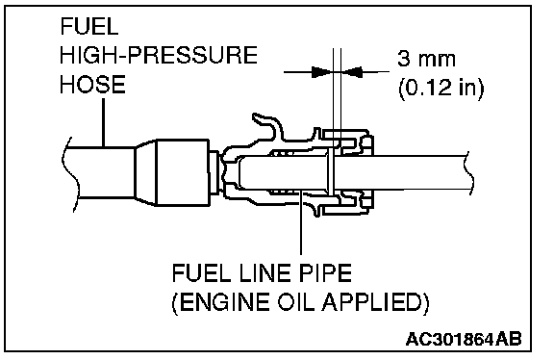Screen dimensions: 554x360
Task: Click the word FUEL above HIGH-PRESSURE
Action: click(89, 27)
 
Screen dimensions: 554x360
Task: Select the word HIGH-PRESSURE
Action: click(159, 55)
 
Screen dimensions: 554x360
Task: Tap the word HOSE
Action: click(92, 84)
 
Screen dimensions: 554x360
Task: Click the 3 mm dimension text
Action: click(426, 59)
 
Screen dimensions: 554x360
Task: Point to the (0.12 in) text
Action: click(441, 88)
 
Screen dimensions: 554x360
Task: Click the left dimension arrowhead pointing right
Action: click(321, 72)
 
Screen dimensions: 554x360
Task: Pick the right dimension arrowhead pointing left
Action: click(352, 72)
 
